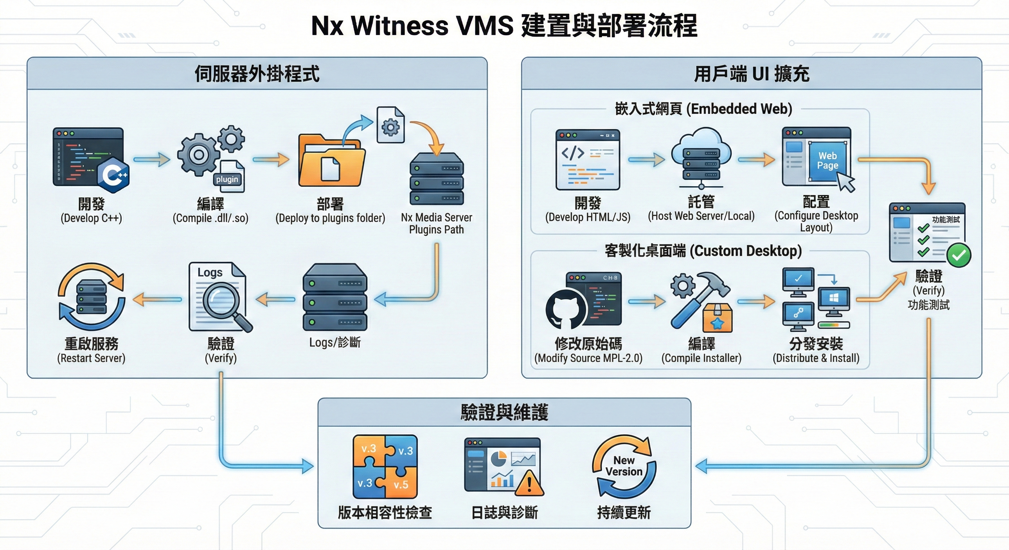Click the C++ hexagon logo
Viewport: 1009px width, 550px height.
pyautogui.click(x=113, y=175)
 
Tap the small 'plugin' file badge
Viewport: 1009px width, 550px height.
pyautogui.click(x=227, y=179)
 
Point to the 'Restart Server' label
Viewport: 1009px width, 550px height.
pyautogui.click(x=91, y=358)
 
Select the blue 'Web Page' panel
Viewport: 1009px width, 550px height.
pyautogui.click(x=827, y=161)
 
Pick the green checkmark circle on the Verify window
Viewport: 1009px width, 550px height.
pyautogui.click(x=958, y=255)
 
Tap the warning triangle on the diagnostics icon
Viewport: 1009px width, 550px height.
pyautogui.click(x=529, y=484)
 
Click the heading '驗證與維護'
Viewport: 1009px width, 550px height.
pyautogui.click(x=504, y=412)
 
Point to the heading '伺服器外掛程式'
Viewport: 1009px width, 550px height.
pyautogui.click(x=257, y=74)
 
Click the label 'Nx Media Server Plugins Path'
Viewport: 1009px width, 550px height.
pyautogui.click(x=436, y=223)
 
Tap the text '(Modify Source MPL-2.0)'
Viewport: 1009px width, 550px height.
pyautogui.click(x=588, y=358)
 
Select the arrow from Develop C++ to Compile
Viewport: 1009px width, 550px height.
pyautogui.click(x=152, y=159)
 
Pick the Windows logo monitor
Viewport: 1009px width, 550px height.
pyautogui.click(x=834, y=299)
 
